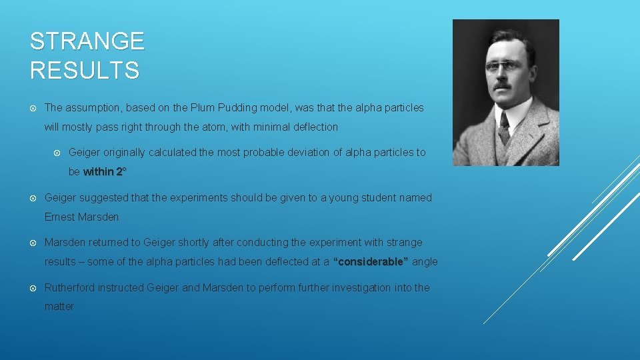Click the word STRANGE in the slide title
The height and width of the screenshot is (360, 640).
(87, 41)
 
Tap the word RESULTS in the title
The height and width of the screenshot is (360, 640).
(85, 70)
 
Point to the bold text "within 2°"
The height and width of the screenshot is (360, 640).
(105, 171)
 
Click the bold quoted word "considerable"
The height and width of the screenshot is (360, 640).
(371, 262)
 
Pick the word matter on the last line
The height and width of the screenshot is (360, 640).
(59, 307)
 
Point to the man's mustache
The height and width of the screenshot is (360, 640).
(503, 85)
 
